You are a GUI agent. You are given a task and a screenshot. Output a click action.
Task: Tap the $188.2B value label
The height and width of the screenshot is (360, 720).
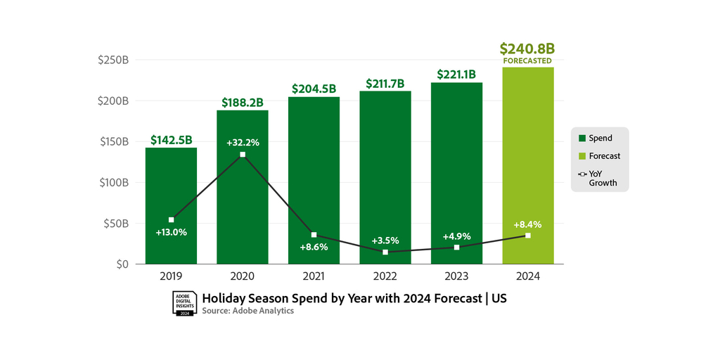(243, 103)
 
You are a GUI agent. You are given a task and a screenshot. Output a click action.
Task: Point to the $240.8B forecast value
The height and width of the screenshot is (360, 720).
(527, 49)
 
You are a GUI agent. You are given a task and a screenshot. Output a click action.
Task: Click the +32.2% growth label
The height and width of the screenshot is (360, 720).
(243, 143)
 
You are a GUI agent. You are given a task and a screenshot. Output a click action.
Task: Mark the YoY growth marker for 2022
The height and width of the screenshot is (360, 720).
(385, 252)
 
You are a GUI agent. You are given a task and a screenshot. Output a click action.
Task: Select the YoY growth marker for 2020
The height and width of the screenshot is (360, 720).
(243, 155)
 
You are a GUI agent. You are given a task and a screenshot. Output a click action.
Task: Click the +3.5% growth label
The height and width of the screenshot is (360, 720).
(385, 240)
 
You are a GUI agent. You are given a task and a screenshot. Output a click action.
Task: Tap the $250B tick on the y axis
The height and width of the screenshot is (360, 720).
(113, 60)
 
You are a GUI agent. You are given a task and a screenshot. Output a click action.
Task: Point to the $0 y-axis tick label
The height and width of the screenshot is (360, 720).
(122, 264)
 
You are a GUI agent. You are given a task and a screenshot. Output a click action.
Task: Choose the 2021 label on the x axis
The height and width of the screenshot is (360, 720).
(314, 277)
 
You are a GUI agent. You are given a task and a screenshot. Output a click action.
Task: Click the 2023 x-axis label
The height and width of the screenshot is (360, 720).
(456, 277)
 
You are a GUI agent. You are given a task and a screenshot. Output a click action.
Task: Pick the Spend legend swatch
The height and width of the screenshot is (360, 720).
(581, 139)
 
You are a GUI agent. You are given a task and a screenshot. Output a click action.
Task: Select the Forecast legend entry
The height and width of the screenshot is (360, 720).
(604, 156)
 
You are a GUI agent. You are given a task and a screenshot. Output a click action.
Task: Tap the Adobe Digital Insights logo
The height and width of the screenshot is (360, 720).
(184, 303)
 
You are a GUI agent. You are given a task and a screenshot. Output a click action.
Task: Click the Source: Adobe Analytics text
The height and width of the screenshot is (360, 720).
(247, 311)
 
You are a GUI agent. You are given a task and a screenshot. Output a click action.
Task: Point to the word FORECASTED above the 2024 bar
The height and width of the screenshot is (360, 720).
(527, 61)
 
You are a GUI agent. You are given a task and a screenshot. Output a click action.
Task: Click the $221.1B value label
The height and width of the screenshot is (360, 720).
(456, 74)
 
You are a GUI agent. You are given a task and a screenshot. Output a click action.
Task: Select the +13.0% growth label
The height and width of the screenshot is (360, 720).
(171, 232)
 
